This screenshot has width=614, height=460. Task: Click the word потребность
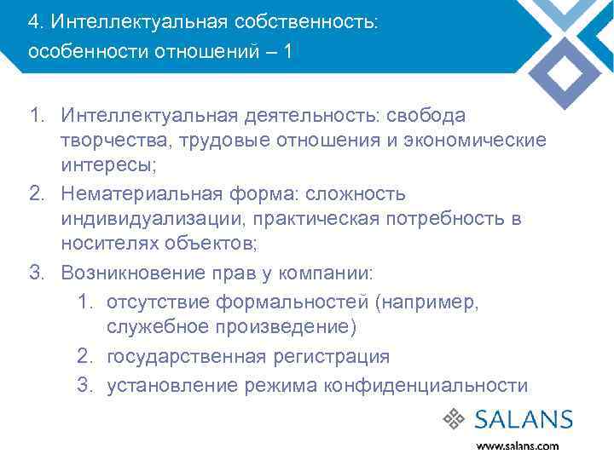447,219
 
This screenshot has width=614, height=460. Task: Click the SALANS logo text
523,419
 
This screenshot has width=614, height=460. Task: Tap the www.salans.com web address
517,446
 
